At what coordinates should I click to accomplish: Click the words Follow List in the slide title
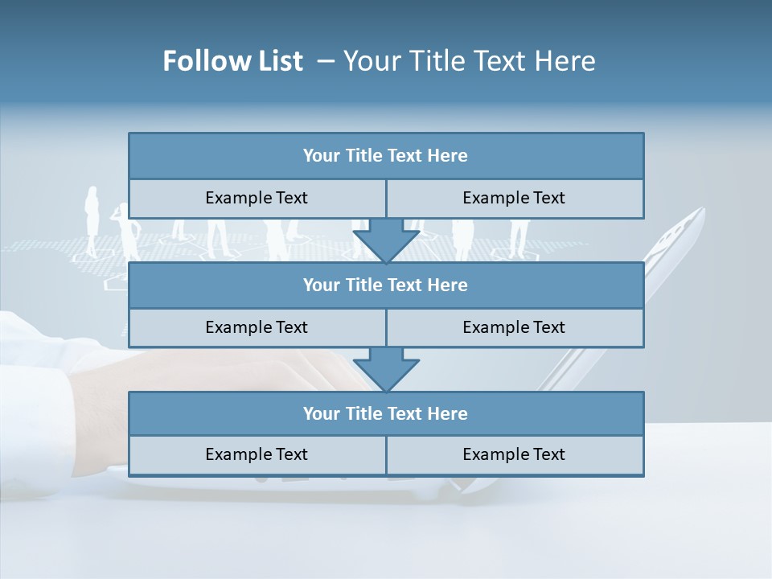point(233,61)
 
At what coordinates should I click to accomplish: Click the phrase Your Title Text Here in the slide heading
point(469,61)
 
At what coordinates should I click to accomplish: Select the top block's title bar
point(386,156)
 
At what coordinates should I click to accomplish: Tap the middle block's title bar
point(386,285)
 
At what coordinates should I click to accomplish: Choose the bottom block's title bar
point(386,413)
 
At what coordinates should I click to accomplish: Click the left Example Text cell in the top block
point(257,198)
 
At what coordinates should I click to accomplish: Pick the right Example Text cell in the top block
point(514,198)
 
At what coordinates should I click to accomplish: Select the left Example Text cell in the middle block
point(257,327)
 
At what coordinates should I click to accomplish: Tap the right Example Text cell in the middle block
point(514,327)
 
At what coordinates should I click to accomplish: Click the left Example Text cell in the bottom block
point(257,454)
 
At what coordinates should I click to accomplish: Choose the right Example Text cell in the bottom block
point(514,454)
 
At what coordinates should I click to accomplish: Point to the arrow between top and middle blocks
point(386,241)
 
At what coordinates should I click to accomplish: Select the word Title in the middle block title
point(363,285)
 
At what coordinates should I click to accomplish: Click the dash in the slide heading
point(326,61)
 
